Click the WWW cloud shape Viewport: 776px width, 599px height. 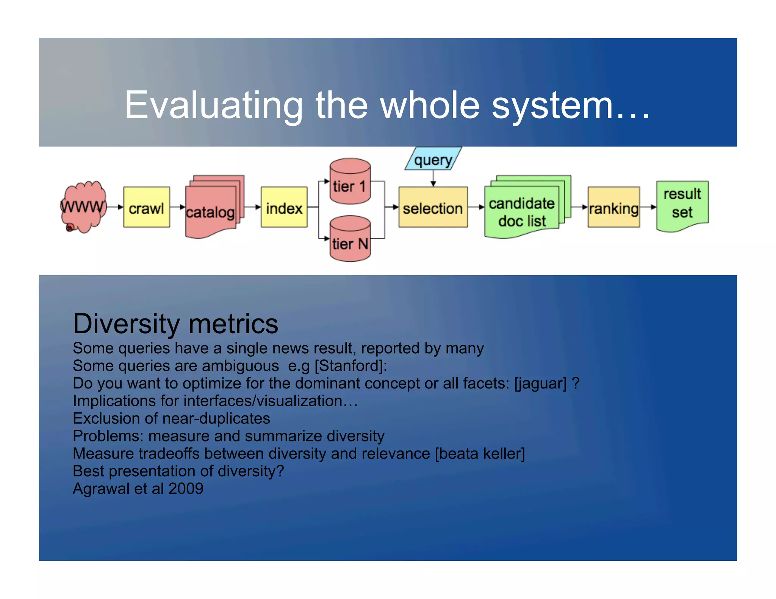click(83, 207)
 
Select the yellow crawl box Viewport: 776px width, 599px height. click(146, 207)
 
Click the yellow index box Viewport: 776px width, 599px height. click(284, 207)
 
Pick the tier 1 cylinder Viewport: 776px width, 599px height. click(350, 182)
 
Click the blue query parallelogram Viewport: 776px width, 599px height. click(433, 159)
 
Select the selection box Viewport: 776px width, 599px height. click(433, 207)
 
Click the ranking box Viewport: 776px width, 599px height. click(613, 207)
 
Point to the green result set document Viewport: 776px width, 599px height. click(682, 204)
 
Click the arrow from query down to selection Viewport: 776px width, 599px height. click(433, 178)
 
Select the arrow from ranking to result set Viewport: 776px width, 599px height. click(648, 207)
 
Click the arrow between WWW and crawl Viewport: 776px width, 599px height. click(115, 207)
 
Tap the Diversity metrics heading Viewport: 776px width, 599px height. click(175, 324)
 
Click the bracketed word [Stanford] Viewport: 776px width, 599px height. click(350, 366)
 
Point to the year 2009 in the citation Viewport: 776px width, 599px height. click(186, 488)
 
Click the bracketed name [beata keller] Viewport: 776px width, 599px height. click(480, 454)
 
